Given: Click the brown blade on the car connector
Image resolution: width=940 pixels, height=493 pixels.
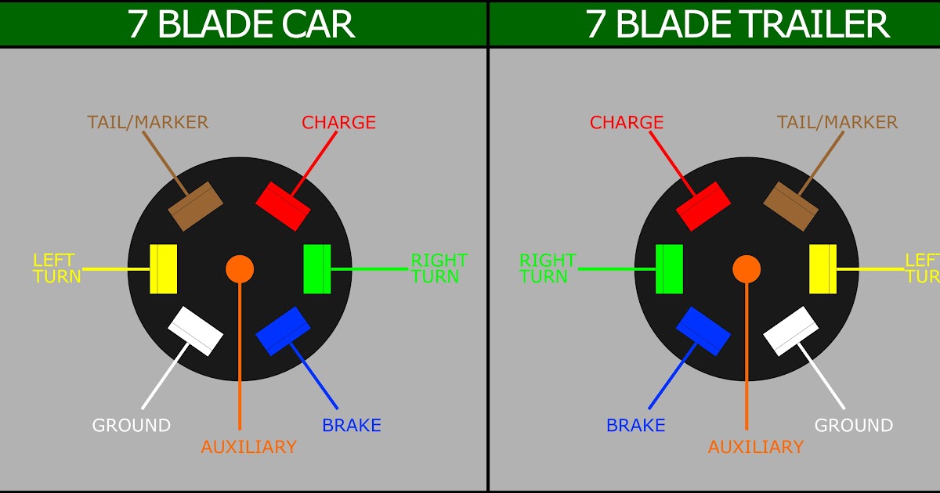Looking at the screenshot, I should click(x=197, y=207).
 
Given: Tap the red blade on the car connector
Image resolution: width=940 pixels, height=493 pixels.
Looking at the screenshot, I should click(x=283, y=207).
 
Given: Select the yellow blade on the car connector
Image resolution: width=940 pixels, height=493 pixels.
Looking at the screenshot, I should click(x=163, y=269).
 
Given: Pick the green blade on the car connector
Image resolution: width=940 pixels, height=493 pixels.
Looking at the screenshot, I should click(x=317, y=269).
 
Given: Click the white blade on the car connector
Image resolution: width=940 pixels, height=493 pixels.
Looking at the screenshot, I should click(x=197, y=331).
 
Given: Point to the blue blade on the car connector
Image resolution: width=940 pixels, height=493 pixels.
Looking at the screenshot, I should click(x=283, y=331).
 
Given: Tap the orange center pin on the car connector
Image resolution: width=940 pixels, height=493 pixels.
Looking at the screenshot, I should click(x=240, y=269).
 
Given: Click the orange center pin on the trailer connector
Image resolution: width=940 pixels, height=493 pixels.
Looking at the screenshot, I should click(x=747, y=269).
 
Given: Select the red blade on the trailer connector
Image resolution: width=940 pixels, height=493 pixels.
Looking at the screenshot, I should click(x=703, y=207).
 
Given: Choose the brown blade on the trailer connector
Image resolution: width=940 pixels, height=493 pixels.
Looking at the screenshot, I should click(x=790, y=207).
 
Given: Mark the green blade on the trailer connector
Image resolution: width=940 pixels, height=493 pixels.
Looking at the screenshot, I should click(x=670, y=269).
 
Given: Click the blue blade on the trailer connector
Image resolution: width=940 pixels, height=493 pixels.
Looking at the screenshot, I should click(x=703, y=331).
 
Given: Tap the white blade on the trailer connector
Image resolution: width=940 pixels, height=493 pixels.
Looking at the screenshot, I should click(x=790, y=331).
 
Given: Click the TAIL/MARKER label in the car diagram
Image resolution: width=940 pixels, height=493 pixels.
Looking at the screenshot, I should click(x=148, y=122).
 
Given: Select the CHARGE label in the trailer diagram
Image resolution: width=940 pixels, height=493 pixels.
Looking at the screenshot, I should click(x=627, y=123).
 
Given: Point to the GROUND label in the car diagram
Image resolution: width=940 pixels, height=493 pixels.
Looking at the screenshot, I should click(x=132, y=426).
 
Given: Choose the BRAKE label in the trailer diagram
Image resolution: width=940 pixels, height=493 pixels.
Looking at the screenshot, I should click(x=635, y=426).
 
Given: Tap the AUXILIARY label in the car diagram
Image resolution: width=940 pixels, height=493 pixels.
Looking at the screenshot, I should click(x=248, y=447).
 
